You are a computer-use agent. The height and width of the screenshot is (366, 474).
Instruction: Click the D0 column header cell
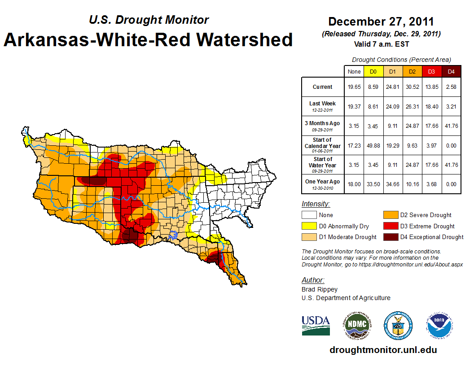tap(373, 71)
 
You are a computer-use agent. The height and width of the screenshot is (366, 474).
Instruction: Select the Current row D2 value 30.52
tap(412, 87)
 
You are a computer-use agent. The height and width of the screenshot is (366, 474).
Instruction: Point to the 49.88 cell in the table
tap(373, 146)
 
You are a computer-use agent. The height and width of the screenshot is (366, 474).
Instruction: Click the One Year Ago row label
tap(322, 182)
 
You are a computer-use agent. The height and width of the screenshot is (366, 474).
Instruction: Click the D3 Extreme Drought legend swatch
tap(390, 226)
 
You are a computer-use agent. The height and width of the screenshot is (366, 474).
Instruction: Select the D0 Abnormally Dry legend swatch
tap(309, 226)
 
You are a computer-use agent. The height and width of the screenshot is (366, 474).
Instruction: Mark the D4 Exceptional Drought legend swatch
tap(390, 237)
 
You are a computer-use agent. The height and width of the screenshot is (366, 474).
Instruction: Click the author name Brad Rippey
tap(320, 289)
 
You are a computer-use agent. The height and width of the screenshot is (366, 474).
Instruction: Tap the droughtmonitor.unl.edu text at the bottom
tap(383, 350)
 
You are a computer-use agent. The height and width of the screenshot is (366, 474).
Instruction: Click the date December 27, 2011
tap(381, 22)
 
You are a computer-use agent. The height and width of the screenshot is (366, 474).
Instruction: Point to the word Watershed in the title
tap(241, 39)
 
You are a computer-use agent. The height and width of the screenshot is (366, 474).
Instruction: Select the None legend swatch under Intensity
tap(309, 215)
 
